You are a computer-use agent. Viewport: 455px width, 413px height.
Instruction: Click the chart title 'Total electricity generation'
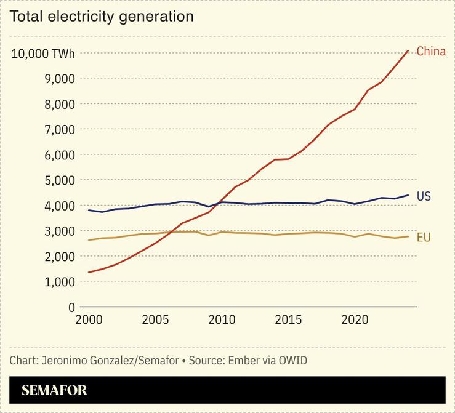pos(102,17)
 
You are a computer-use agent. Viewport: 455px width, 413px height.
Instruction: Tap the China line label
pos(430,52)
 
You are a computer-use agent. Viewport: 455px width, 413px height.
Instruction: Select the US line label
pos(424,197)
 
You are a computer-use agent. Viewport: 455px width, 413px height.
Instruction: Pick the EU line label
pos(424,237)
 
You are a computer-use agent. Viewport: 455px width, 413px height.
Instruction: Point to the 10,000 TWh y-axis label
pos(43,54)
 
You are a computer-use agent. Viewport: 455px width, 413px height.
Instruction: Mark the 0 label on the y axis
pos(71,307)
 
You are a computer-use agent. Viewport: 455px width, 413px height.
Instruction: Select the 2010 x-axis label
pos(222,321)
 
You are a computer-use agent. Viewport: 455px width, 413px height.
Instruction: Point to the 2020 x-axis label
pos(355,321)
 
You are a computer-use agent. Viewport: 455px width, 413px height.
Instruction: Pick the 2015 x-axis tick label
pos(288,321)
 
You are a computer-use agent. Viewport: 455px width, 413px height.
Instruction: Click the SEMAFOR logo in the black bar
pos(54,390)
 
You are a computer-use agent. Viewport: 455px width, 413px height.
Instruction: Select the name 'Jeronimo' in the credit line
pos(64,360)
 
